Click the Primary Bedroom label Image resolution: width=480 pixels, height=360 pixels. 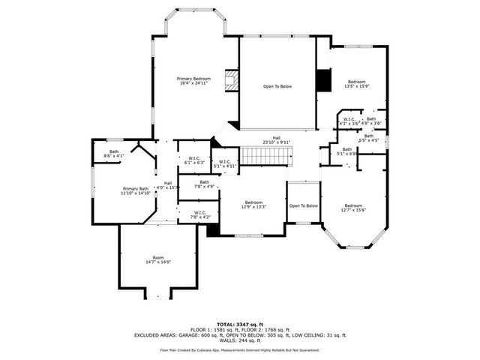point(193,81)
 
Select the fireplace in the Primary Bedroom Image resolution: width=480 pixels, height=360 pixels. point(232,80)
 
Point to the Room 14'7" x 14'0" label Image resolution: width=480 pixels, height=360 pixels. point(157,259)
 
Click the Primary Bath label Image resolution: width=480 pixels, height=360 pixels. point(136,190)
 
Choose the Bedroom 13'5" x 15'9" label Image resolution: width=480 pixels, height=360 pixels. point(355,84)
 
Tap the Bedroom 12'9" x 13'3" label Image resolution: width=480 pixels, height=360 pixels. point(253,205)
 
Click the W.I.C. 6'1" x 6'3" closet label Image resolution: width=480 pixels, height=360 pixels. point(193,160)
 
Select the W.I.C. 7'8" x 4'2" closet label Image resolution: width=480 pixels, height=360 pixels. point(199,214)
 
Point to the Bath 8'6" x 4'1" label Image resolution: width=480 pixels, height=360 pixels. point(114,154)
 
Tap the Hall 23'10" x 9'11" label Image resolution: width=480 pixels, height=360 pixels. point(276,139)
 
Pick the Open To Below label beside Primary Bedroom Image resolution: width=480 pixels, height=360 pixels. point(277,86)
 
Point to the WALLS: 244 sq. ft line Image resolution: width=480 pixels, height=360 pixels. point(239,341)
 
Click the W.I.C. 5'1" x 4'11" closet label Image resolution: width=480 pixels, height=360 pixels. point(225,163)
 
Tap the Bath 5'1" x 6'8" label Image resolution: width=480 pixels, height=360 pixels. point(346,151)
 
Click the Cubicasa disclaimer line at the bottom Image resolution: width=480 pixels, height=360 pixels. point(239,350)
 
